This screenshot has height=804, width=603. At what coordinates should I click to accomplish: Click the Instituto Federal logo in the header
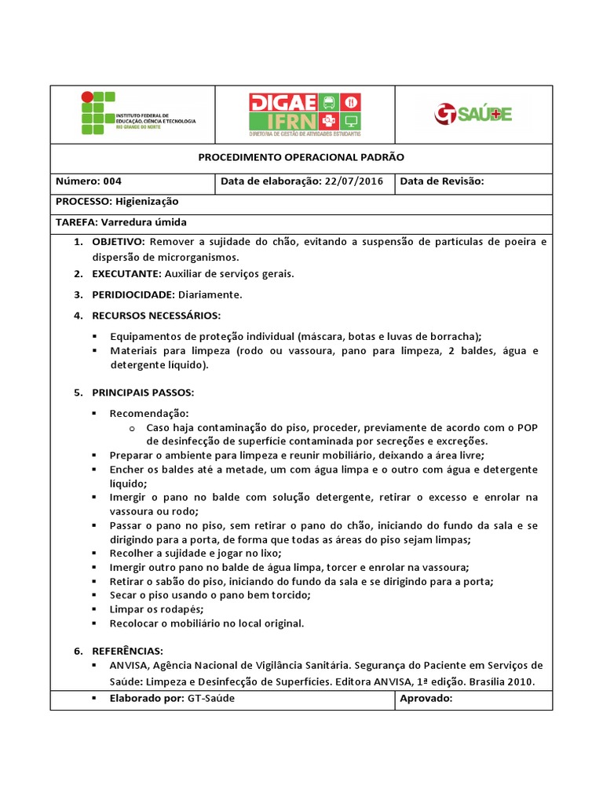[138, 113]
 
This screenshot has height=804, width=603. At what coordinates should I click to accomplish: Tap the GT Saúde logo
[473, 115]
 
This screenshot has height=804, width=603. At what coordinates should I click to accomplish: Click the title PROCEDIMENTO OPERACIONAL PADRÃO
[301, 157]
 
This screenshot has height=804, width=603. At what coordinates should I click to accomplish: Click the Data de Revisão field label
[442, 181]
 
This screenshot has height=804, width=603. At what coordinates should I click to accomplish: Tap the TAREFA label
[75, 222]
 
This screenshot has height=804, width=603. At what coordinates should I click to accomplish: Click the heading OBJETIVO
[119, 242]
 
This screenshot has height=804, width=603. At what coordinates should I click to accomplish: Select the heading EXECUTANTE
[126, 274]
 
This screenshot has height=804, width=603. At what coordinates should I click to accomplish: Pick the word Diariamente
[210, 294]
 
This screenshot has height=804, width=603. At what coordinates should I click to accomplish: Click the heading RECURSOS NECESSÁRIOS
[156, 316]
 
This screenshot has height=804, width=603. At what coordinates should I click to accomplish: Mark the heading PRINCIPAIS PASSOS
[143, 392]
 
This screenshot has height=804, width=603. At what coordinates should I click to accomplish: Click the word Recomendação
[149, 413]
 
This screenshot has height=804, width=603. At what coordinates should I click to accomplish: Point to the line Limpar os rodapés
[156, 609]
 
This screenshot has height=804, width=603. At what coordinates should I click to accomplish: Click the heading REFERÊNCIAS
[127, 651]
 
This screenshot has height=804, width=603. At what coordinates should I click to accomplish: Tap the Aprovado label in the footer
[426, 698]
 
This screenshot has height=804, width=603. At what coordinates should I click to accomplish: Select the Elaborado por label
[147, 698]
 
